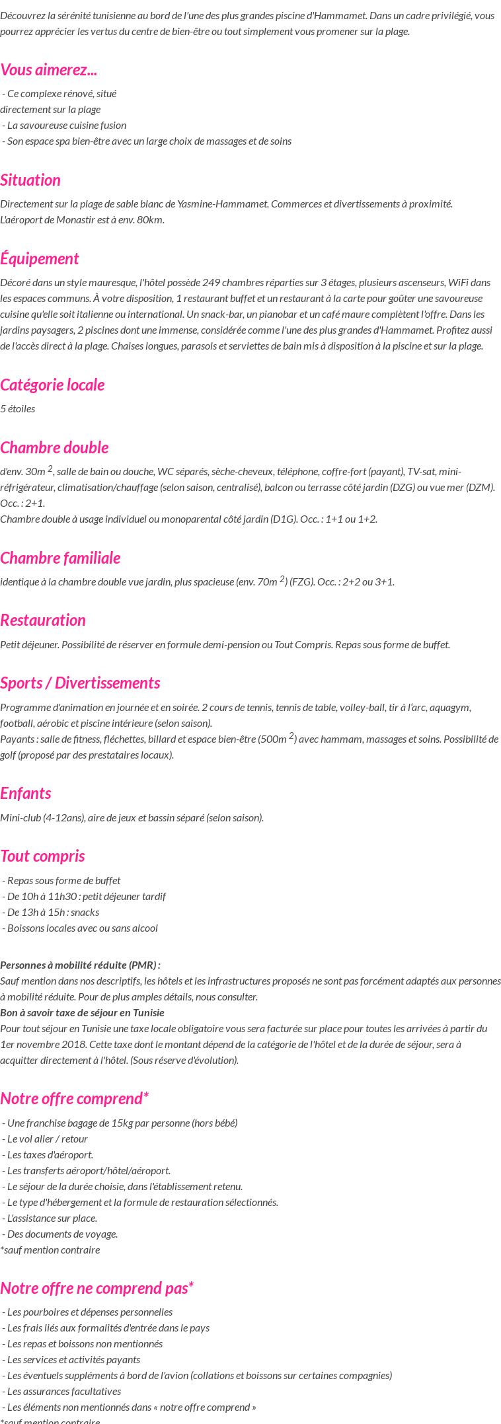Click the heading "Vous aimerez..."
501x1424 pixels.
[x=49, y=69]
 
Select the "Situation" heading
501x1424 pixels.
[x=30, y=180]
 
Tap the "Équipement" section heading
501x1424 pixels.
[x=40, y=258]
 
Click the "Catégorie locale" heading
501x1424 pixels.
[x=52, y=385]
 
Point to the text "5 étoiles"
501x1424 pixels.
[x=18, y=408]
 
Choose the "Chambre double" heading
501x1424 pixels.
[x=54, y=447]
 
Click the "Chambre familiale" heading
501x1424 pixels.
[x=60, y=558]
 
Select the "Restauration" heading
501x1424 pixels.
[x=43, y=620]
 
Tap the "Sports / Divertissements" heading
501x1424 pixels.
[x=80, y=683]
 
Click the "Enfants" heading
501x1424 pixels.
[x=26, y=793]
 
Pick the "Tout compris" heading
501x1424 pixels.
[x=42, y=856]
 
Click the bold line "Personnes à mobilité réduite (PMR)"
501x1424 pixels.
[x=80, y=965]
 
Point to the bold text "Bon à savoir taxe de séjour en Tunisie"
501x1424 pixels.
[x=82, y=1012]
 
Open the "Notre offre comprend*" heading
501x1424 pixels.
[x=74, y=1098]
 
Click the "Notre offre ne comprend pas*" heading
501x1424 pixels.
[x=97, y=1288]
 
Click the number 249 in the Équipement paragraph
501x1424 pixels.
[x=212, y=282]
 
